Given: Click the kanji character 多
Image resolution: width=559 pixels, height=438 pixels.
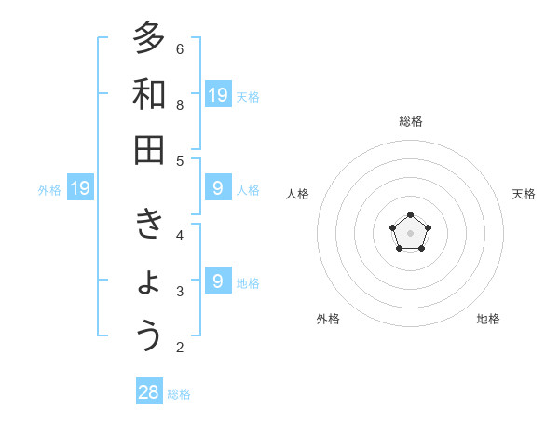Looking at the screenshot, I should pyautogui.click(x=149, y=38).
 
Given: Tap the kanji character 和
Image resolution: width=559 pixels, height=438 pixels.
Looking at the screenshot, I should pyautogui.click(x=149, y=94).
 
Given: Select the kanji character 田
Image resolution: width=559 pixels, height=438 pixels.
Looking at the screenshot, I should pyautogui.click(x=149, y=150).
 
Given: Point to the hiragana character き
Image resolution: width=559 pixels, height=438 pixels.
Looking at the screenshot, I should pyautogui.click(x=149, y=225).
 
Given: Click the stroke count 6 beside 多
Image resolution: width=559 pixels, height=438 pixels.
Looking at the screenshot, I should pyautogui.click(x=180, y=48).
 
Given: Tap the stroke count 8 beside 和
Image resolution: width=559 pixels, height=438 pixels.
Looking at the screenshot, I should pyautogui.click(x=180, y=104).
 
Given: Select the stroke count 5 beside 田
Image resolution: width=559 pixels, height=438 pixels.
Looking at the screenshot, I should pyautogui.click(x=180, y=160).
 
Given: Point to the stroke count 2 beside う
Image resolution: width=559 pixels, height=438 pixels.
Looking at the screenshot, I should pyautogui.click(x=180, y=348).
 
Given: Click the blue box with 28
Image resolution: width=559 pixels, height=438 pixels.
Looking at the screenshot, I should pyautogui.click(x=149, y=392).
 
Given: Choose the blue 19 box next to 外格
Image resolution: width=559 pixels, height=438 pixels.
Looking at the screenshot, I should pyautogui.click(x=80, y=188).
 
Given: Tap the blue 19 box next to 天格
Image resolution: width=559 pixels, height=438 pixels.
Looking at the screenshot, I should pyautogui.click(x=218, y=94).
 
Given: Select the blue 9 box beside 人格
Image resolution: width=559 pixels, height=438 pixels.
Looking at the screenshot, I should pyautogui.click(x=218, y=188).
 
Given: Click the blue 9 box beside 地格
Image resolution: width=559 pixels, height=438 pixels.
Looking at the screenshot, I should pyautogui.click(x=218, y=281).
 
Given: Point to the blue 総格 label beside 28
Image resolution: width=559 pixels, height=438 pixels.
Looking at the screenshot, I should pyautogui.click(x=180, y=394).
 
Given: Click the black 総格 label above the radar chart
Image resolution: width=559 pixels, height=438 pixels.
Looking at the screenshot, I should pyautogui.click(x=411, y=121).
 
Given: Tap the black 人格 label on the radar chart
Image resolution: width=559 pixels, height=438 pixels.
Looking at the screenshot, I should pyautogui.click(x=298, y=194).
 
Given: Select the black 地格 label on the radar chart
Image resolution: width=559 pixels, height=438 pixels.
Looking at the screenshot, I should pyautogui.click(x=488, y=319).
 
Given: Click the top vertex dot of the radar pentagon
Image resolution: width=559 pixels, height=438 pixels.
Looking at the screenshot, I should pyautogui.click(x=411, y=215).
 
